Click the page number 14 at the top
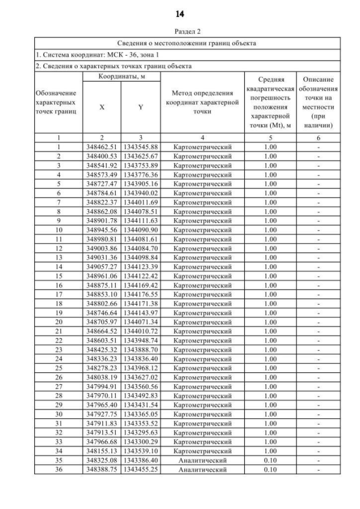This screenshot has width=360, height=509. [180, 12]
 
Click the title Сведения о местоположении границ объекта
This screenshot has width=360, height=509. [187, 43]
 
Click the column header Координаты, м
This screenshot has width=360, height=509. [121, 76]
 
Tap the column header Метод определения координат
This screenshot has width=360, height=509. [202, 102]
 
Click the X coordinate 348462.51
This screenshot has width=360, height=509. [101, 147]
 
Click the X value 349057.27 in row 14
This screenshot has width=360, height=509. [101, 266]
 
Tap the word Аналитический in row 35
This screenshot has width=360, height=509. [202, 459]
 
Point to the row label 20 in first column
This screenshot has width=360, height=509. [58, 321]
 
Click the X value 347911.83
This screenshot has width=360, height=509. [101, 422]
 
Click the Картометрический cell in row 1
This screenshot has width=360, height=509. [202, 147]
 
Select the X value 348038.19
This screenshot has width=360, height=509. [101, 376]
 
